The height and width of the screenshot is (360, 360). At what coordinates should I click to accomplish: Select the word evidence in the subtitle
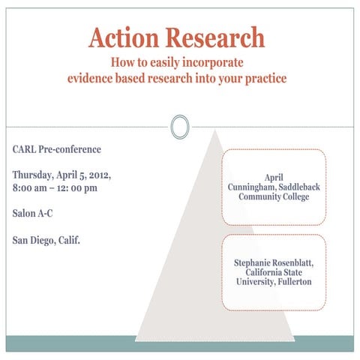pos(92,78)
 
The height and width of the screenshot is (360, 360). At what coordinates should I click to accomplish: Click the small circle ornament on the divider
pos(179,127)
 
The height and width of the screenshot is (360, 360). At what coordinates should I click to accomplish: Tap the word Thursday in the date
pos(34,175)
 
